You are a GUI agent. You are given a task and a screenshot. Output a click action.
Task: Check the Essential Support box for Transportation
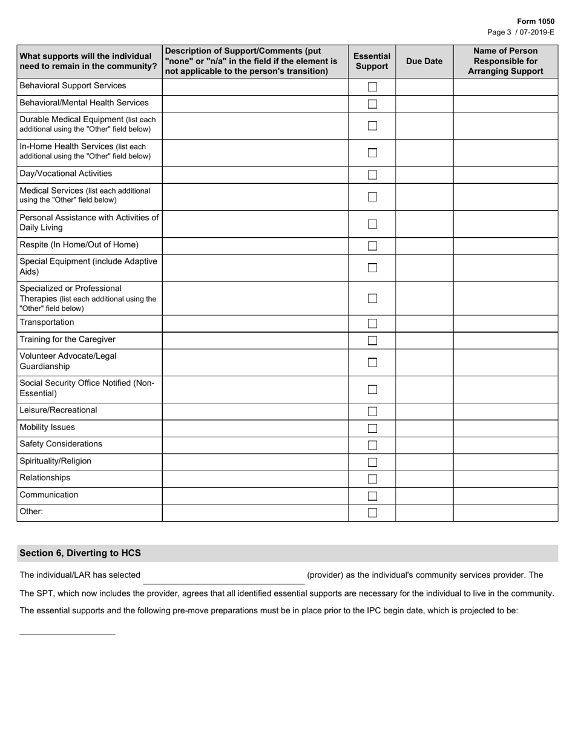372,324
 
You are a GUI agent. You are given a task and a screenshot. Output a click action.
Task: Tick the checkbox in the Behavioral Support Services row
372,87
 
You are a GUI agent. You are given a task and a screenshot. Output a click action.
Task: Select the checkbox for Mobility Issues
372,428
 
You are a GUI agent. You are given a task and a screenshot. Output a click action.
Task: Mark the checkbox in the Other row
372,513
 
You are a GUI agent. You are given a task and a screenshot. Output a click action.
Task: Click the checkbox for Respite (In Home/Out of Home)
372,246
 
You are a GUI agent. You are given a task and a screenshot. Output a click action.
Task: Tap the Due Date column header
424,61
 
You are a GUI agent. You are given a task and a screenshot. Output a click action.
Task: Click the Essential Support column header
372,61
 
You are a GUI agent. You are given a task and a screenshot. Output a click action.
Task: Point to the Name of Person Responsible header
505,61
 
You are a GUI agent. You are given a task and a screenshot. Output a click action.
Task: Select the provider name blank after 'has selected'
223,576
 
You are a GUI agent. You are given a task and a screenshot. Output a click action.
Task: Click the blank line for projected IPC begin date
67,628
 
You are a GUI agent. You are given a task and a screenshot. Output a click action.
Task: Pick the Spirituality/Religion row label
56,461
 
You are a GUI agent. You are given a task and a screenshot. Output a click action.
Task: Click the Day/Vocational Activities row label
65,174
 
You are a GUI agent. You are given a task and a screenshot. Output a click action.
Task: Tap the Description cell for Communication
255,495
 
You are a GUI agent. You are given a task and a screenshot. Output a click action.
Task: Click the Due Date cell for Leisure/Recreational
424,411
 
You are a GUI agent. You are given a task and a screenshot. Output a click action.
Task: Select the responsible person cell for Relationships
505,478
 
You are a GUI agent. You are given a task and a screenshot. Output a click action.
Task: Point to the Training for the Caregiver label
67,339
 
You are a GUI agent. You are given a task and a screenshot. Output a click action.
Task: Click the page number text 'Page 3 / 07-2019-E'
520,32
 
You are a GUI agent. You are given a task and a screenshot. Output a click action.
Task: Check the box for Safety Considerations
372,445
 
